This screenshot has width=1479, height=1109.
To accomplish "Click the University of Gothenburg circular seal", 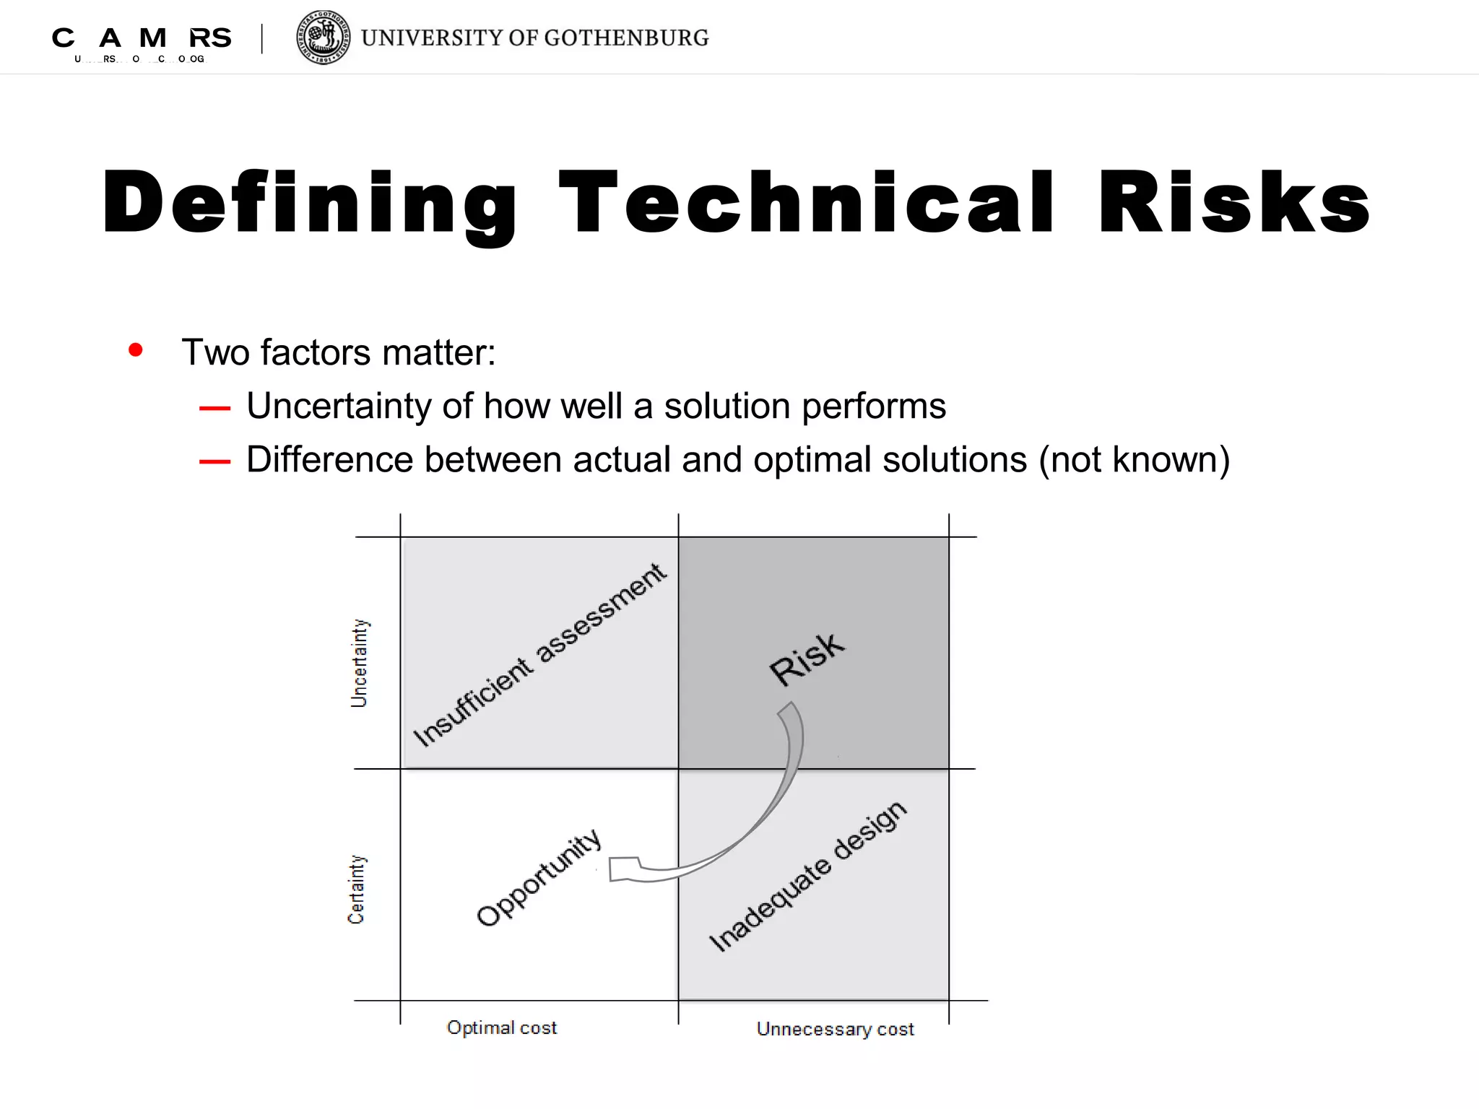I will pos(324,38).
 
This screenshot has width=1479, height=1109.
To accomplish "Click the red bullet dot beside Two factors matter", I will pos(135,350).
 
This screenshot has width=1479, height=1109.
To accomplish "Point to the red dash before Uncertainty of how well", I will pos(214,409).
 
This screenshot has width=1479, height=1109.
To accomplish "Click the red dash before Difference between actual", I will pos(214,462).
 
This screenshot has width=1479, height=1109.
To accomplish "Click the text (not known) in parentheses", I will pos(1135,461).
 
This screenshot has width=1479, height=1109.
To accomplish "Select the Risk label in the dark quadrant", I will pos(806,659).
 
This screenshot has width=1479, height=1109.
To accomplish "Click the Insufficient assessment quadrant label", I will pos(539,655).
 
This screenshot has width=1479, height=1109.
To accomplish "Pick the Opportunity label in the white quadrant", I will pos(539,877).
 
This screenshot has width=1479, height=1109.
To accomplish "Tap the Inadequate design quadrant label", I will pos(807,877).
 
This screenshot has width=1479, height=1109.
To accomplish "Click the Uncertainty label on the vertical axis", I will pos(359,663).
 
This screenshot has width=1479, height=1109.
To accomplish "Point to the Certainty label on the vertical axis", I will pos(357,890).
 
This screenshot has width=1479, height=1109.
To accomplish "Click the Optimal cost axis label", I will pos(502,1027).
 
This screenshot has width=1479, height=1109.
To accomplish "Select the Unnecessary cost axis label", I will pos(835,1029).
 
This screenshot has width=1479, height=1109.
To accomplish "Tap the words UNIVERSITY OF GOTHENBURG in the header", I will pos(534,38).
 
